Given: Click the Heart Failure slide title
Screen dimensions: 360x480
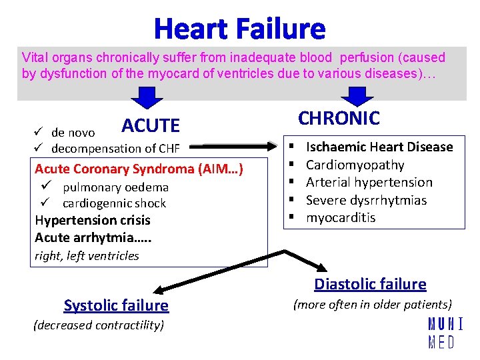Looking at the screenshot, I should pyautogui.click(x=240, y=29).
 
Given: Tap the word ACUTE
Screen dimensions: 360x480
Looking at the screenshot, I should pyautogui.click(x=151, y=125).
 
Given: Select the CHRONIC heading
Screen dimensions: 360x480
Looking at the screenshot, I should pyautogui.click(x=339, y=118).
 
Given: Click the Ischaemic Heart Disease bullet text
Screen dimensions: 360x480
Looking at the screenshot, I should pyautogui.click(x=379, y=147).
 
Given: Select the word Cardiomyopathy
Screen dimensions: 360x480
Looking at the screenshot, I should pyautogui.click(x=355, y=165).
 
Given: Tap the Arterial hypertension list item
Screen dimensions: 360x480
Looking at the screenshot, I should pyautogui.click(x=369, y=182).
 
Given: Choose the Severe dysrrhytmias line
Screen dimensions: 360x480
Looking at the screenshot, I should pyautogui.click(x=366, y=200).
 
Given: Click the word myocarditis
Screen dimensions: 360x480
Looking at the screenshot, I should pyautogui.click(x=341, y=217).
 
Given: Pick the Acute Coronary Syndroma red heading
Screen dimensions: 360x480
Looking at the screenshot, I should pyautogui.click(x=139, y=169).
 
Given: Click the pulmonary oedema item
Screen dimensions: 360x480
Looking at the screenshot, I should pyautogui.click(x=115, y=187).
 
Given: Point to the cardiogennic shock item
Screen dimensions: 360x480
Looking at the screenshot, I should pyautogui.click(x=114, y=203).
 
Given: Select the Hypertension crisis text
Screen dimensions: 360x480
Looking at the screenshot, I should pyautogui.click(x=93, y=220).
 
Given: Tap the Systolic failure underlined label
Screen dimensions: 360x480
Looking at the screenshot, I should pyautogui.click(x=116, y=305).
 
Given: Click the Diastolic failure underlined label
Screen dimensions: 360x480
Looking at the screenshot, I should pyautogui.click(x=370, y=284).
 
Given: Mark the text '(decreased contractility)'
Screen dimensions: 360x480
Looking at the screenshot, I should pyautogui.click(x=98, y=325).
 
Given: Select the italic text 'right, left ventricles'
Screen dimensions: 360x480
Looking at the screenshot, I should pyautogui.click(x=87, y=256).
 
